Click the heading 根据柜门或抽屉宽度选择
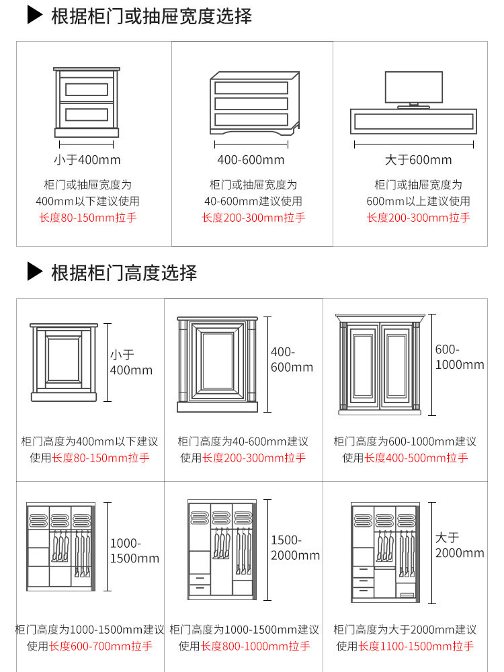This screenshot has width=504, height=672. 151,16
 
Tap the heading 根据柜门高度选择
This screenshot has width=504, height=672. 124,272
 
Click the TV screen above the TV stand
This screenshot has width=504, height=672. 413,87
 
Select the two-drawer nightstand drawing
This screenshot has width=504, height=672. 86,102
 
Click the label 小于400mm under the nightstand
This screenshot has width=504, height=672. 87,160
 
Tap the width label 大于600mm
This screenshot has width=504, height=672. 418,160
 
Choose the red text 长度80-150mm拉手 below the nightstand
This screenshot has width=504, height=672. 87,218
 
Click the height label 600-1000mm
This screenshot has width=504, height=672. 460,357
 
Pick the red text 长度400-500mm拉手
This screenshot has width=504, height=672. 416,458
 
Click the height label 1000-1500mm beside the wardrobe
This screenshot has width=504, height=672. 134,550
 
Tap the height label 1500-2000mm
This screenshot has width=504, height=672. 295,548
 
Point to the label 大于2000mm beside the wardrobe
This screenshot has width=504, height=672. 460,545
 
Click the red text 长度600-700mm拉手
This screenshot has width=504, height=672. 100,646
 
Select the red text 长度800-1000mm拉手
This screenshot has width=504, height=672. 255,646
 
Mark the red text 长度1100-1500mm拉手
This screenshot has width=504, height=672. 416,646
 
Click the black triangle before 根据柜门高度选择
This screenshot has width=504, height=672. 35,272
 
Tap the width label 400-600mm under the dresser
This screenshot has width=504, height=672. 251,160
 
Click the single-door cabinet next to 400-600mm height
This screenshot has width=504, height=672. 218,364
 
